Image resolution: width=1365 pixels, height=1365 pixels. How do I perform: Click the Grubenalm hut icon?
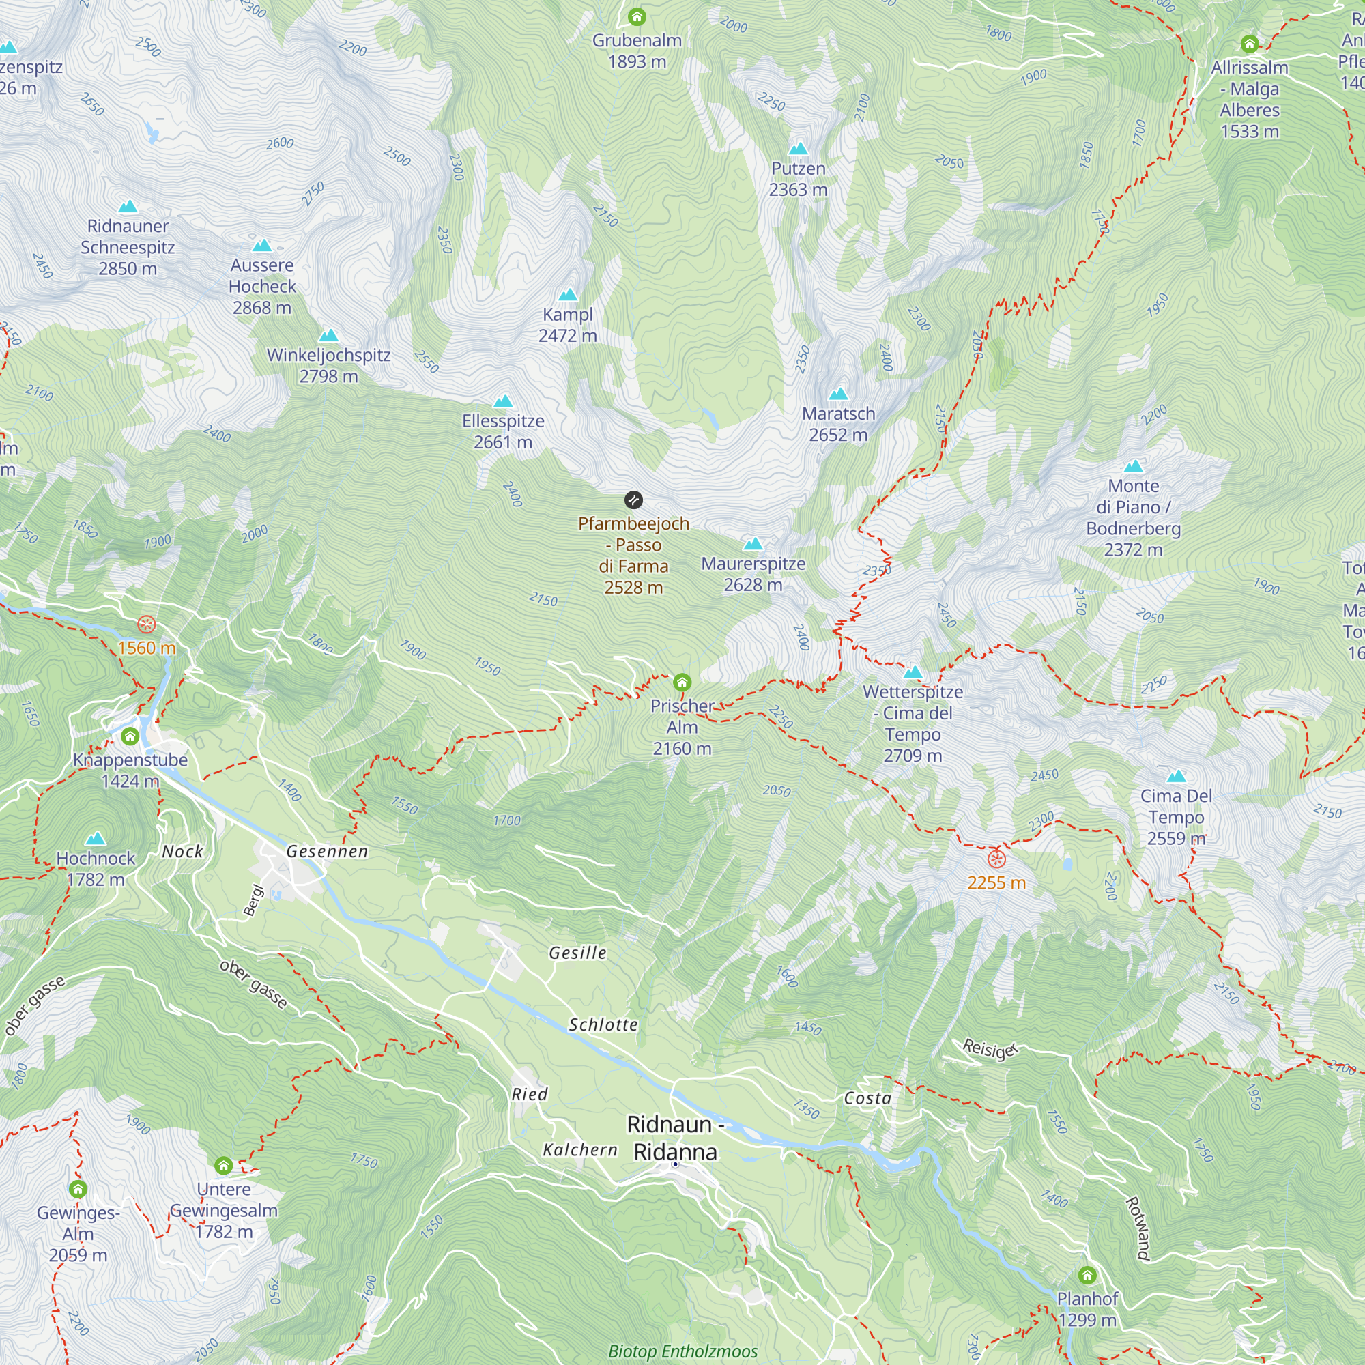[x=637, y=16]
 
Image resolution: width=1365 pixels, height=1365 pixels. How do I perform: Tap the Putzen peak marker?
[x=798, y=148]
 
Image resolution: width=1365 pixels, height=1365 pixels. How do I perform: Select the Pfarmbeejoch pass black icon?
[x=633, y=500]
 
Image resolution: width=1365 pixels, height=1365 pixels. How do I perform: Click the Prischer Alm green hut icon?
[x=682, y=682]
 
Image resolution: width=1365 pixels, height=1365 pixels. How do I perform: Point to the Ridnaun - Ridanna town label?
[x=675, y=1138]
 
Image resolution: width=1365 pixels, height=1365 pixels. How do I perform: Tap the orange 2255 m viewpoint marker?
[x=996, y=859]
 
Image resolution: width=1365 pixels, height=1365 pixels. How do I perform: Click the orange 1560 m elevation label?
[x=146, y=648]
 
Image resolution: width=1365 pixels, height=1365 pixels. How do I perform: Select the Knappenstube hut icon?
[x=130, y=736]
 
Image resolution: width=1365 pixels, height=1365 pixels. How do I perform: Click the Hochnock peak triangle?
[x=96, y=839]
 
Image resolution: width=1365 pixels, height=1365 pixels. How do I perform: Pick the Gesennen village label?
[x=327, y=851]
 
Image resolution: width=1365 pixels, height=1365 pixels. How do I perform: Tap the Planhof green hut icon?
[x=1087, y=1276]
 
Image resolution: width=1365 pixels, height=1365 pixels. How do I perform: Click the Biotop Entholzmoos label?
[x=682, y=1351]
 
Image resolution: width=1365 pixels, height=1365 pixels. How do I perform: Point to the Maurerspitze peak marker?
[x=753, y=544]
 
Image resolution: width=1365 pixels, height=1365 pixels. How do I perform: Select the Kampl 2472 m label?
[x=567, y=325]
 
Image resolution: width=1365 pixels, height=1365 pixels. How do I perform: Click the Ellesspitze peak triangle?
[x=503, y=401]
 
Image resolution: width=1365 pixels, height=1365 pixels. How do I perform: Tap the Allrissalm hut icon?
[x=1249, y=44]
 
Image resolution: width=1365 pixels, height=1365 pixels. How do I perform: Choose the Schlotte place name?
[x=603, y=1024]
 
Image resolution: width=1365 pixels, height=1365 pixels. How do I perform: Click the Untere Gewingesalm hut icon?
[x=223, y=1165]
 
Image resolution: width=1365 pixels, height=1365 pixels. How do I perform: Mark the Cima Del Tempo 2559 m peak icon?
[x=1176, y=777]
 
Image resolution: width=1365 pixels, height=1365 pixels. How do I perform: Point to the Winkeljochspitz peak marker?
[x=328, y=336]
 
